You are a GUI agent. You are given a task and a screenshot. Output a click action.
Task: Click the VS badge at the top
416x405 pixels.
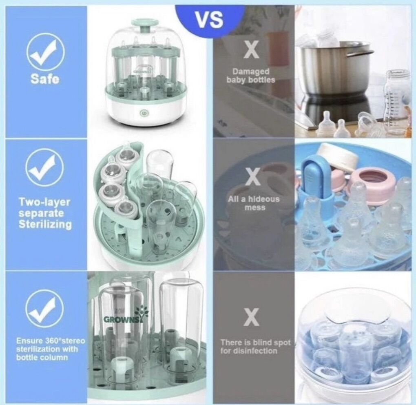pyautogui.click(x=210, y=19)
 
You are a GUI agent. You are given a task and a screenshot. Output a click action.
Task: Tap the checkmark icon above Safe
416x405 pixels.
pyautogui.click(x=45, y=52)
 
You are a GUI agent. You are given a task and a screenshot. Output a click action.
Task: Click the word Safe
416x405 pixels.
pyautogui.click(x=45, y=79)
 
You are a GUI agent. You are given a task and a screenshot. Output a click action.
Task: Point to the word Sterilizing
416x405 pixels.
pyautogui.click(x=45, y=224)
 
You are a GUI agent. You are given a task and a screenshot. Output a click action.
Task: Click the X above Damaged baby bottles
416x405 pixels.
pyautogui.click(x=251, y=50)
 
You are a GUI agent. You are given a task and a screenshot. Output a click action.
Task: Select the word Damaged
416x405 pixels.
pyautogui.click(x=251, y=72)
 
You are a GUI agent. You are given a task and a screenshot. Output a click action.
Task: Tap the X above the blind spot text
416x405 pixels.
pyautogui.click(x=252, y=317)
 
